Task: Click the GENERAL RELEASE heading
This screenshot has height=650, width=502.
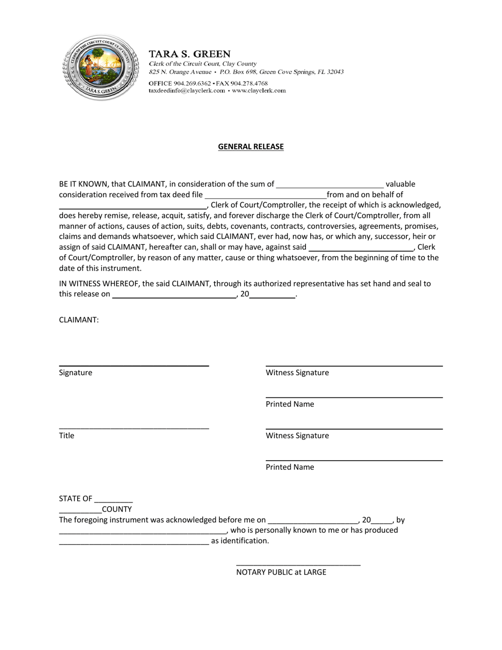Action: point(250,146)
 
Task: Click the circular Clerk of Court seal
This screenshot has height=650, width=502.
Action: point(100,68)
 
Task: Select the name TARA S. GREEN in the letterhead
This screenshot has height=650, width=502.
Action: point(190,54)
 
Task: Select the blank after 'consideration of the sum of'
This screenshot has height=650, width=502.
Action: point(330,185)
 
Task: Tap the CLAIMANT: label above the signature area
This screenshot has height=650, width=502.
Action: point(79,320)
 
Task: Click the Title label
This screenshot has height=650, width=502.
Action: point(67,435)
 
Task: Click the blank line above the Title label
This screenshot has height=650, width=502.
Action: point(134,428)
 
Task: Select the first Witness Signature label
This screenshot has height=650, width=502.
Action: point(297,373)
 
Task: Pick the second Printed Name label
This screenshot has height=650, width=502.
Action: point(290,467)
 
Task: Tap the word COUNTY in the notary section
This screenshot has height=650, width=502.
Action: point(117,509)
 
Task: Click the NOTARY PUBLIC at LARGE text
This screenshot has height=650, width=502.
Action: point(281,572)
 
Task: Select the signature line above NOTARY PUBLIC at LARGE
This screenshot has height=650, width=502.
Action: point(298,565)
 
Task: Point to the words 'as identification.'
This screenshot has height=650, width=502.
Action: point(240,541)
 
